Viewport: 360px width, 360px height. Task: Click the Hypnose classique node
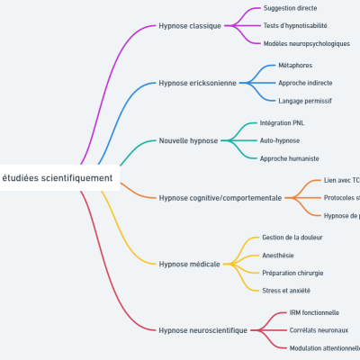click(x=189, y=25)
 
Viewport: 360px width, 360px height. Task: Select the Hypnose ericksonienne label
click(x=197, y=83)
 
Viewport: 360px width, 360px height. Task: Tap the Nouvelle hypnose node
click(x=188, y=140)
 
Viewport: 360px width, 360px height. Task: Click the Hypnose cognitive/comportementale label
click(x=220, y=197)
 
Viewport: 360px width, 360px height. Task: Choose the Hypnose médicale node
click(x=189, y=264)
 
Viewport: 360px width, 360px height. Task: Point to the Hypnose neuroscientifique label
click(x=202, y=330)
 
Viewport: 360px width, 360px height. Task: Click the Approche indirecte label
click(x=305, y=83)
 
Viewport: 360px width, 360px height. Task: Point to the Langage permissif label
click(x=305, y=100)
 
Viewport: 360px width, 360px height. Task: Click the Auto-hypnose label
click(x=279, y=140)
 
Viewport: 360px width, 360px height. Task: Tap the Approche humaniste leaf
click(x=289, y=157)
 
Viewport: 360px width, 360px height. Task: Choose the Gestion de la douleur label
click(x=292, y=238)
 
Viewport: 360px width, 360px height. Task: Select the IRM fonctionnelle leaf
click(x=314, y=312)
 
